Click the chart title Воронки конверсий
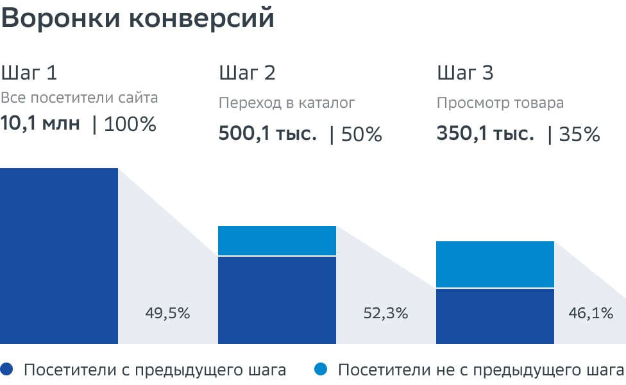[x=137, y=19]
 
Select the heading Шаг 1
[x=29, y=73]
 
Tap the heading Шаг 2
[x=247, y=73]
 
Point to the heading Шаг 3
[x=465, y=73]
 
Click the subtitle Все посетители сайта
[x=79, y=98]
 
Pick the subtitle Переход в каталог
[x=287, y=103]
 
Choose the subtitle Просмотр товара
[x=500, y=103]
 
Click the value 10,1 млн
[x=40, y=123]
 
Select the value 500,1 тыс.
[x=267, y=134]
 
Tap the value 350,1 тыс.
[x=486, y=134]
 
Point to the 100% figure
[x=130, y=124]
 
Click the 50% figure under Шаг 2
[x=362, y=135]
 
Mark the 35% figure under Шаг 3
[x=580, y=135]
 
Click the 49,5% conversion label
[x=168, y=314]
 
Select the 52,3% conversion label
[x=385, y=314]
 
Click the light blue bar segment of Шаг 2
[x=277, y=241]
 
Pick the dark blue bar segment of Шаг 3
[x=495, y=316]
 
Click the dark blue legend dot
[x=8, y=370]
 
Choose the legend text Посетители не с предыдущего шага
[x=480, y=370]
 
